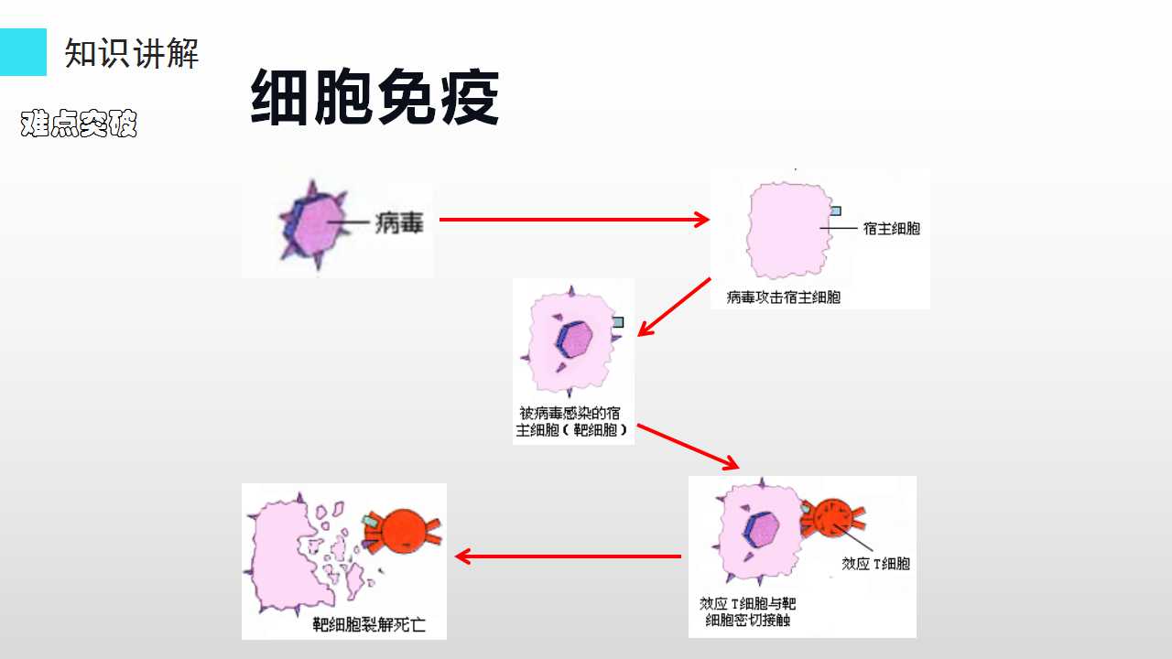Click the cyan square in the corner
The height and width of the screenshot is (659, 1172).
[x=23, y=52]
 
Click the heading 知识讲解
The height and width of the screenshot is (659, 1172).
[x=131, y=53]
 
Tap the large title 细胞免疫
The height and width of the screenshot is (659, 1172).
[x=374, y=97]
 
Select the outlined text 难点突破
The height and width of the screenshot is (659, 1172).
[x=79, y=124]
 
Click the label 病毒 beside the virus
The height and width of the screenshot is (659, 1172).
[x=398, y=223]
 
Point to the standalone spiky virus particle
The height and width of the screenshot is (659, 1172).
[x=314, y=225]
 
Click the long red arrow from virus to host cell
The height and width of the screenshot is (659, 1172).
[x=574, y=220]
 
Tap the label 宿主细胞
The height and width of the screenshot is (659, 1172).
[x=892, y=229]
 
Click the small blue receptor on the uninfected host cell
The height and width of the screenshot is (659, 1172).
[x=836, y=211]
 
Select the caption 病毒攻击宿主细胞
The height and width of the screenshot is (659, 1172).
[x=783, y=297]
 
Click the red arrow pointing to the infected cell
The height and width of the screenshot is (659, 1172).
[x=674, y=307]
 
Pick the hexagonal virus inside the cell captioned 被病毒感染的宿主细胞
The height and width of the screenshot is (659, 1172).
[x=574, y=340]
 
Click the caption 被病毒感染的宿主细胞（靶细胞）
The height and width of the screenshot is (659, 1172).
[x=571, y=422]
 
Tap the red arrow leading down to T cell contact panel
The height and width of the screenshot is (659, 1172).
[x=688, y=447]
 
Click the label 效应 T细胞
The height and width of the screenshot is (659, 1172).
[x=875, y=563]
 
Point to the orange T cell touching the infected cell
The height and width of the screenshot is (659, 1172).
[x=833, y=518]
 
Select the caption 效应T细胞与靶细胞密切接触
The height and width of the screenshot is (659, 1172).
[x=748, y=612]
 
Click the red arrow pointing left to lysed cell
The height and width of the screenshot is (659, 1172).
[x=568, y=556]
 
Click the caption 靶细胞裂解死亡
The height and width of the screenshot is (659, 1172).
[x=369, y=624]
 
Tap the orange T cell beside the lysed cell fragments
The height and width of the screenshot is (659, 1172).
[x=402, y=532]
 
